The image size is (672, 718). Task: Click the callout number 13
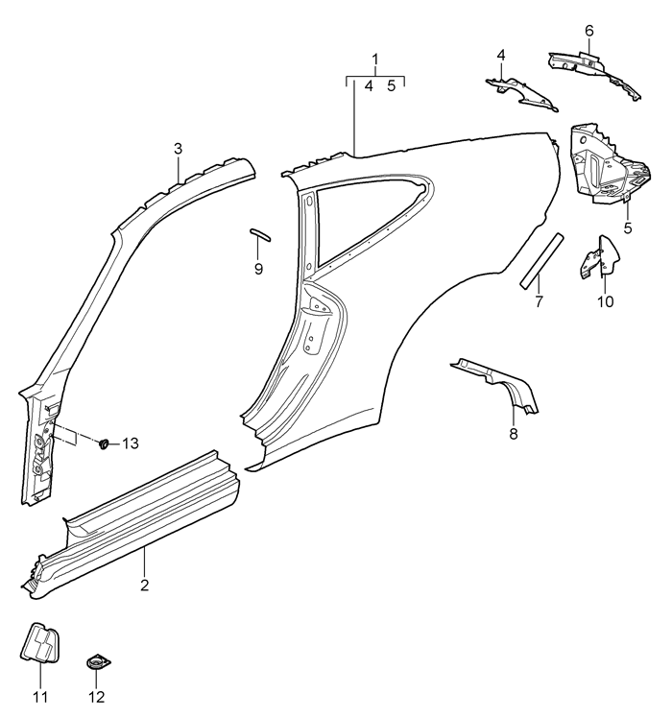pos(131,443)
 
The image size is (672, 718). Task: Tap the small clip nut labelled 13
pos(105,443)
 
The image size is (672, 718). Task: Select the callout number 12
pos(97,697)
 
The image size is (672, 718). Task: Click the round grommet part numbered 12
pos(98,662)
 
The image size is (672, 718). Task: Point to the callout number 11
pos(40,697)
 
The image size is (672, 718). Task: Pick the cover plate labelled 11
pos(40,642)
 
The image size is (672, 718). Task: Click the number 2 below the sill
pos(145,586)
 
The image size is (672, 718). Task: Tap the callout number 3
pos(179,149)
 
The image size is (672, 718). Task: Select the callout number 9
pos(258,269)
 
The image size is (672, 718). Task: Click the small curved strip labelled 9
pos(260,234)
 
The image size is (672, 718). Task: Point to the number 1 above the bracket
pos(375,60)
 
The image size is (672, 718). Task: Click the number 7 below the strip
pos(539,301)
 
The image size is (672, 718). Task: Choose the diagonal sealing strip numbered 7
pos(541,261)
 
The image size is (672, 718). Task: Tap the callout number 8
pos(514,434)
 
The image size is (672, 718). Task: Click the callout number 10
pos(606,301)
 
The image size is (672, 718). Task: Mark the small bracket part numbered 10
pos(600,257)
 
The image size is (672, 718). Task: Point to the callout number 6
pos(589,31)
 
